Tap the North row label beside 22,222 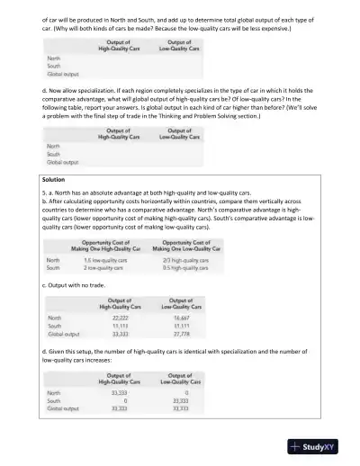pyautogui.click(x=55, y=318)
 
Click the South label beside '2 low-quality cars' pyautogui.click(x=53, y=267)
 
